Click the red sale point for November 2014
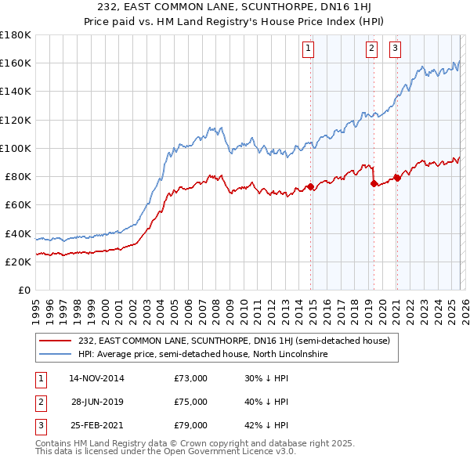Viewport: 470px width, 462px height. pyautogui.click(x=311, y=186)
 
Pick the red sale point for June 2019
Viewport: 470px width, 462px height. pyautogui.click(x=374, y=184)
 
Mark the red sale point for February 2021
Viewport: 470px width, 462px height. pyautogui.click(x=397, y=178)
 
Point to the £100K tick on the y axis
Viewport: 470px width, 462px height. pyautogui.click(x=15, y=148)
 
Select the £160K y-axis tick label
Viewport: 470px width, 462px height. pyautogui.click(x=15, y=63)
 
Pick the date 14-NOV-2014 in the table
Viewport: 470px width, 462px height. pyautogui.click(x=96, y=378)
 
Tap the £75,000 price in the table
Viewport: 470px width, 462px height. pyautogui.click(x=190, y=402)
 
